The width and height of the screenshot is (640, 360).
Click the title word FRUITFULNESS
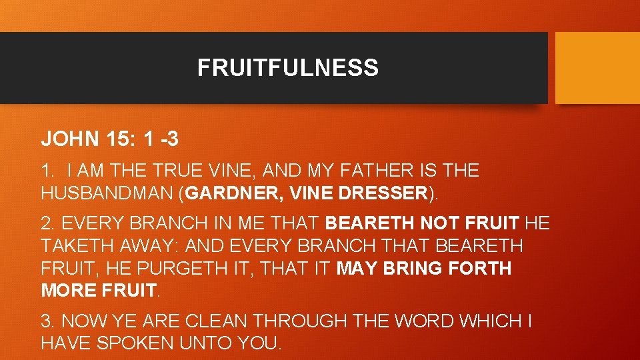tap(287, 68)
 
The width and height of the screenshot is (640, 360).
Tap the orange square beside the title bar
tap(597, 68)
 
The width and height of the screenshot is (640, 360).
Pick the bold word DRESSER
tap(383, 193)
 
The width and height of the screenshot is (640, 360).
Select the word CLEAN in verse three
tap(215, 321)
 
